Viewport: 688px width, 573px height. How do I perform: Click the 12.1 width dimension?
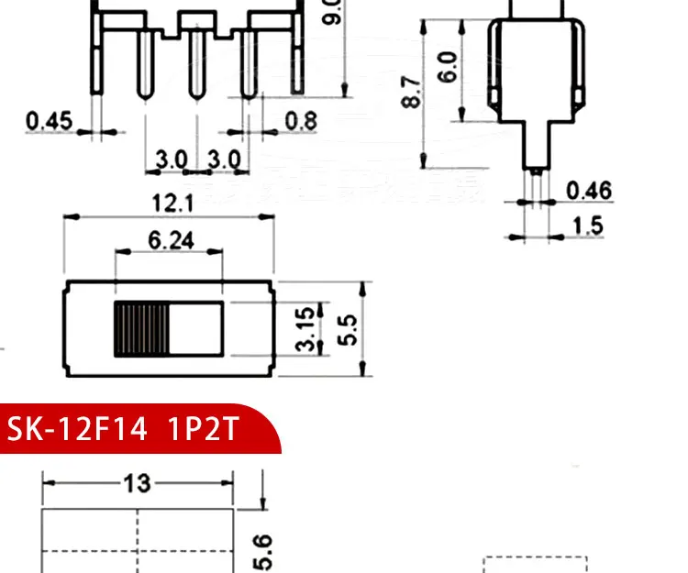pyautogui.click(x=169, y=203)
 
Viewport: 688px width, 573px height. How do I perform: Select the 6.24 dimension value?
pyautogui.click(x=171, y=240)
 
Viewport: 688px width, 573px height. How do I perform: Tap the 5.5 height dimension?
pyautogui.click(x=348, y=327)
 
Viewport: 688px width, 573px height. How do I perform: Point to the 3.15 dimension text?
pyautogui.click(x=307, y=327)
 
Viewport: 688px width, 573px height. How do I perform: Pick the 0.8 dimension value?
pyautogui.click(x=301, y=120)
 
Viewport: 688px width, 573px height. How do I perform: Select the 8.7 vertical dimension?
pyautogui.click(x=412, y=92)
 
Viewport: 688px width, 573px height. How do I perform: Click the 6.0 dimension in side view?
pyautogui.click(x=447, y=66)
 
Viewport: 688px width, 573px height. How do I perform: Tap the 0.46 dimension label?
pyautogui.click(x=589, y=191)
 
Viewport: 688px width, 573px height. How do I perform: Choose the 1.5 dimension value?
pyautogui.click(x=587, y=226)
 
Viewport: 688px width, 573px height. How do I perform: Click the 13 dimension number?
pyautogui.click(x=138, y=483)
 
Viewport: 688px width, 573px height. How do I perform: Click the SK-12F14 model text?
pyautogui.click(x=77, y=429)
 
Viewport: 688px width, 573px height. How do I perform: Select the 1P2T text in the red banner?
pyautogui.click(x=203, y=429)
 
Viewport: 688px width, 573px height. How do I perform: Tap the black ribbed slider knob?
pyautogui.click(x=141, y=328)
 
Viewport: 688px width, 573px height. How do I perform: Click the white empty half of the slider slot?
pyautogui.click(x=195, y=328)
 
